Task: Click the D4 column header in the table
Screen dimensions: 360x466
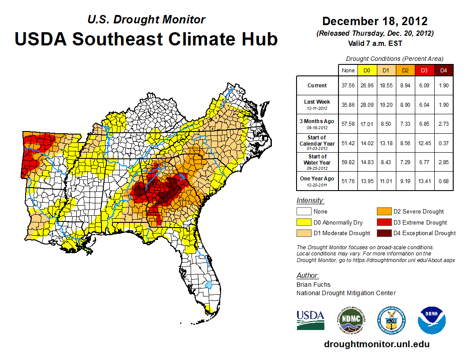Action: pos(444,71)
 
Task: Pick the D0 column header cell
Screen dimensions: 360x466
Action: pos(367,71)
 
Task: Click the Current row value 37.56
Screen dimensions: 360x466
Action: pos(348,86)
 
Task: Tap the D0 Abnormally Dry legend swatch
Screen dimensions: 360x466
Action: pos(304,222)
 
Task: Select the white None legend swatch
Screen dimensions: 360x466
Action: pos(304,211)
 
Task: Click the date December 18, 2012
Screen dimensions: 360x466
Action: pos(375,21)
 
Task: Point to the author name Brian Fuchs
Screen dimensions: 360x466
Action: pos(313,285)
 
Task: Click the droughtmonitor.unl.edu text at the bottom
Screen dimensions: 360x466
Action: pos(376,344)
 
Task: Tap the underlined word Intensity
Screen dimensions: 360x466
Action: pos(310,201)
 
